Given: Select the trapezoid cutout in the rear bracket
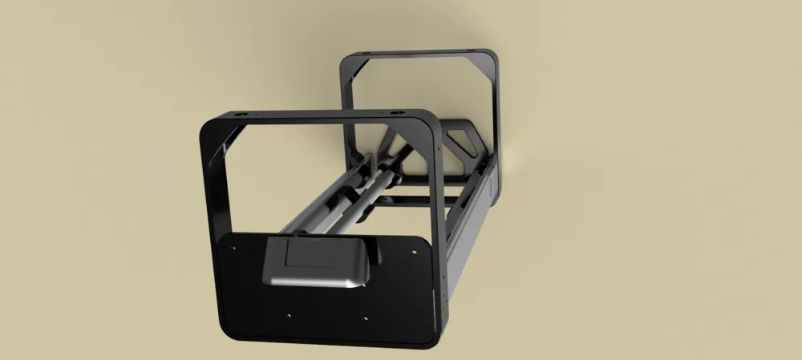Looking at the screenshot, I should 462,145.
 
